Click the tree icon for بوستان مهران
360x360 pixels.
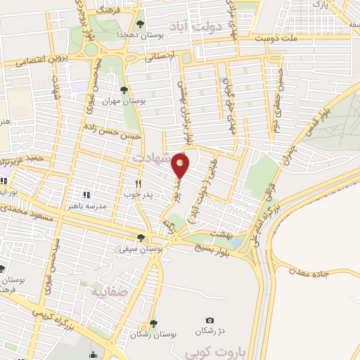124,89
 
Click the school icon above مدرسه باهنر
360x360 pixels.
87,195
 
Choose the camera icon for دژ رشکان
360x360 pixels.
209,320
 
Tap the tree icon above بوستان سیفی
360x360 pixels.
142,238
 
